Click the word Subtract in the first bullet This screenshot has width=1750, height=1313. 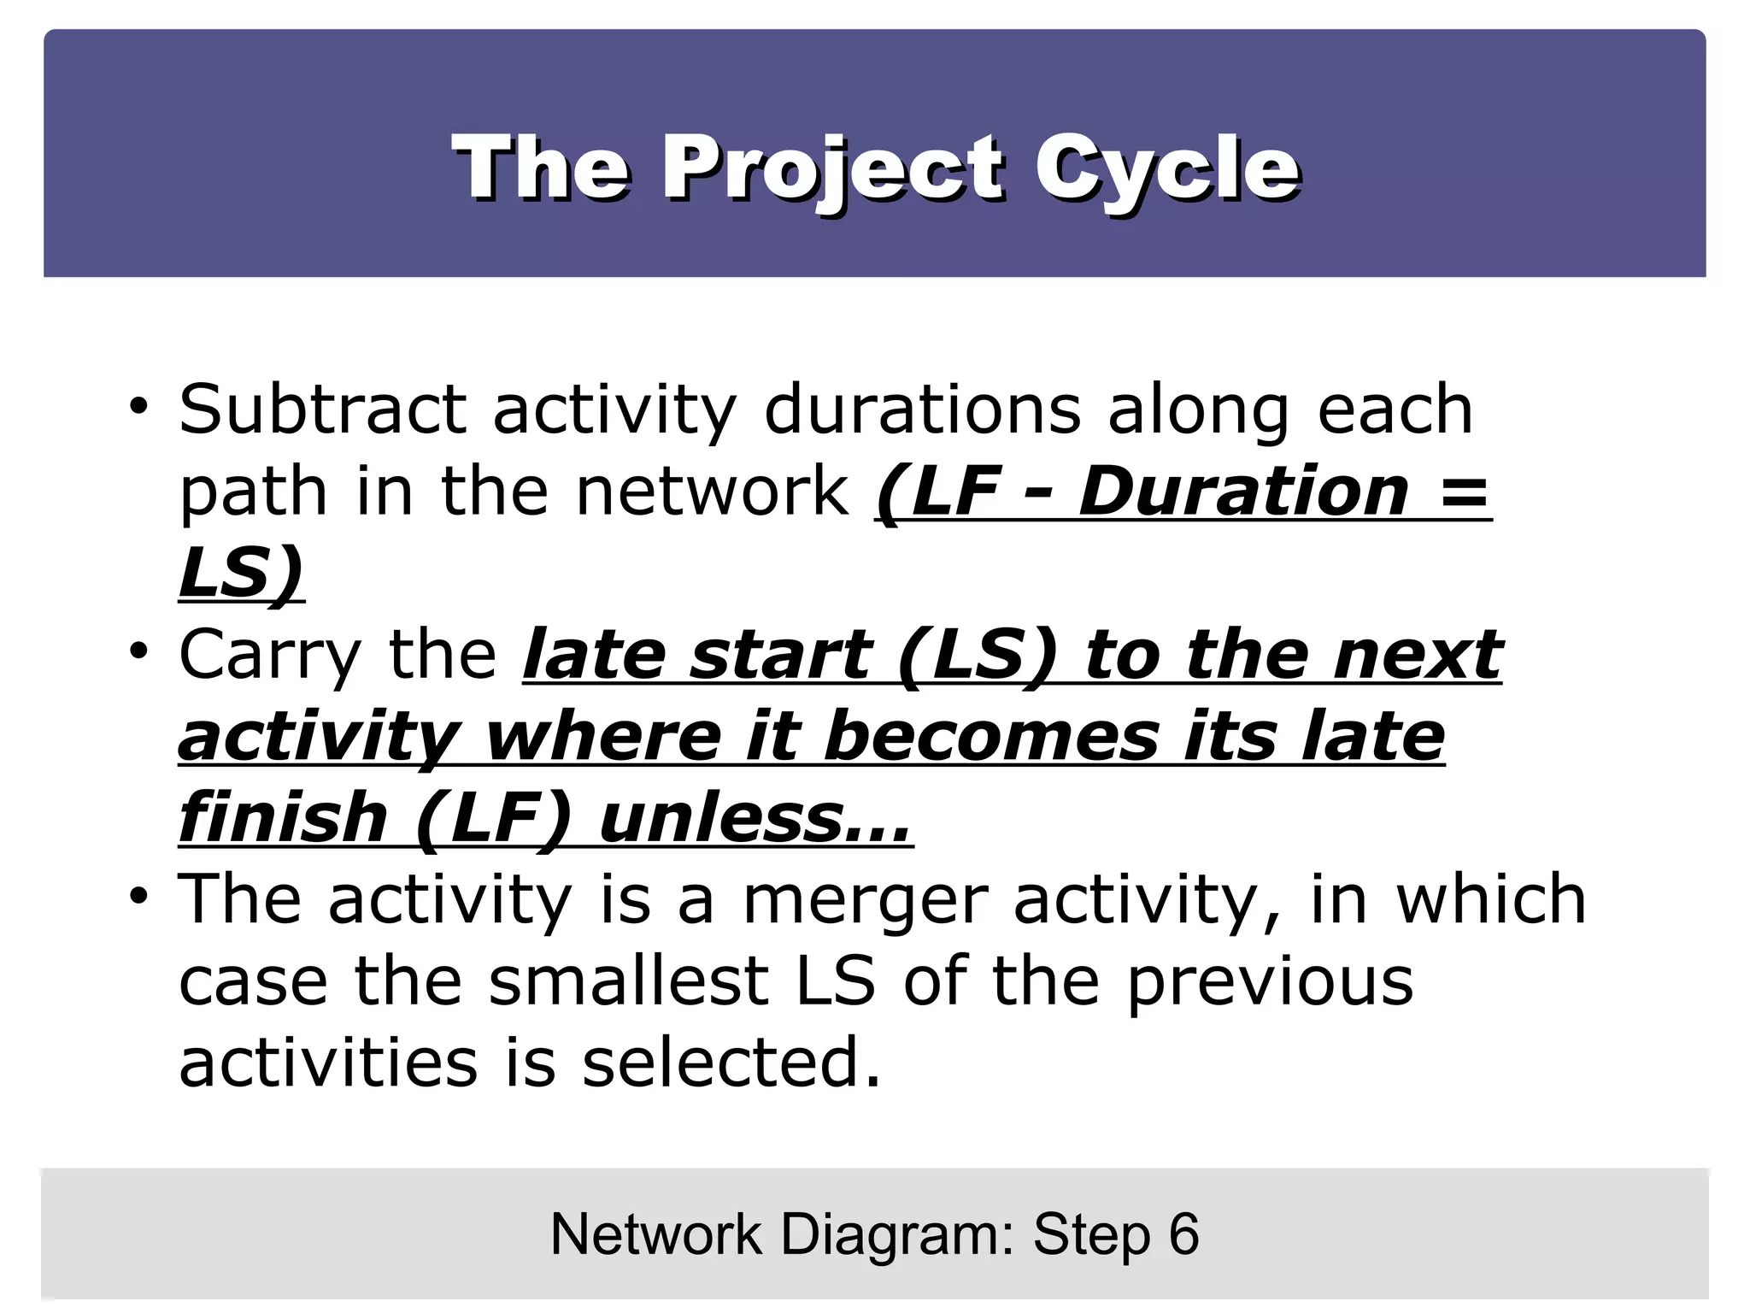(322, 409)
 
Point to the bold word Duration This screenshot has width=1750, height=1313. (1243, 492)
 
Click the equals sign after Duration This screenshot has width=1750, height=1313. (1463, 493)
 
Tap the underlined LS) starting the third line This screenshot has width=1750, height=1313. (241, 574)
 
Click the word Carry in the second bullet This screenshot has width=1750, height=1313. (270, 656)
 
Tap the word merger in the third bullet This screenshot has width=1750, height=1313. (864, 899)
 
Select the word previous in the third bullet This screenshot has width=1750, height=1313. (1270, 981)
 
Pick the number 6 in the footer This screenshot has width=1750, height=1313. (1183, 1234)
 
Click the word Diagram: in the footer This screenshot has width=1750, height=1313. (897, 1234)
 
